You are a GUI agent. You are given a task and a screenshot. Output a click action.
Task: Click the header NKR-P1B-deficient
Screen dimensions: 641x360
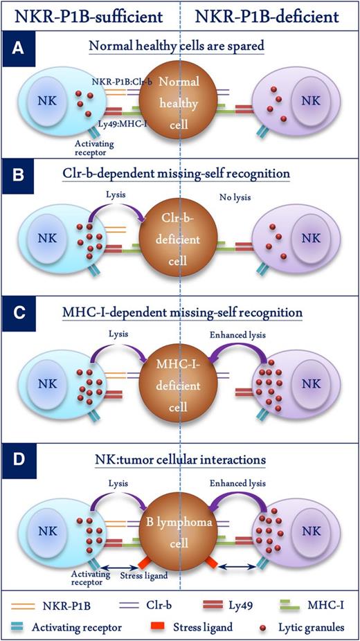pos(271,15)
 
